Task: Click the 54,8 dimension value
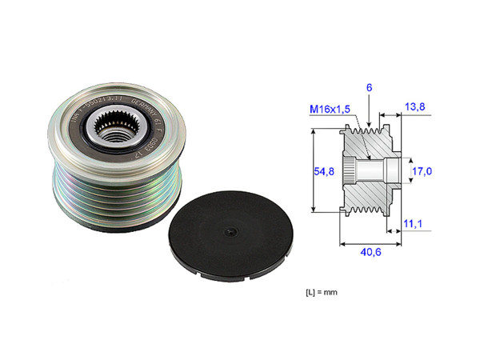point(323,171)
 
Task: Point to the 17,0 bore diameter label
point(422,171)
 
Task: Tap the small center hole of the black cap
point(229,234)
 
